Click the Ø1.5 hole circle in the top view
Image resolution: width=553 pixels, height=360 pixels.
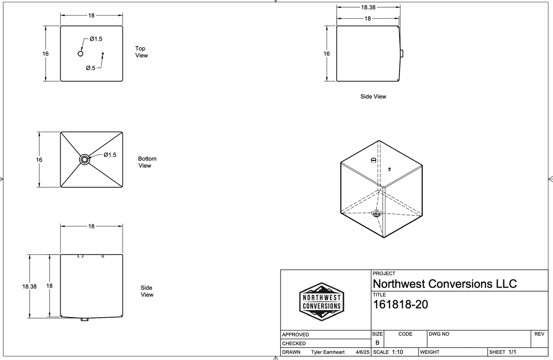click(x=81, y=54)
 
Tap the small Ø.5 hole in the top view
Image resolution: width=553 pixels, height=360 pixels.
click(x=103, y=54)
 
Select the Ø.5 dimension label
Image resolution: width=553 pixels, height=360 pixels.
click(x=91, y=68)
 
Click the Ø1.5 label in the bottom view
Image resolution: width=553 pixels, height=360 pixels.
click(x=110, y=155)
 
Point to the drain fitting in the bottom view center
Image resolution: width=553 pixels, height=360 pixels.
click(x=85, y=159)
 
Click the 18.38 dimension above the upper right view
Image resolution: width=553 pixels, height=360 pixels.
click(x=368, y=7)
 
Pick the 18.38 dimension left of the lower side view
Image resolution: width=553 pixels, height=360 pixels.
click(x=29, y=287)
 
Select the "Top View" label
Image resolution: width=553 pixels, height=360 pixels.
click(x=141, y=52)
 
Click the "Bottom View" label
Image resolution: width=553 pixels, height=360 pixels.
click(x=147, y=162)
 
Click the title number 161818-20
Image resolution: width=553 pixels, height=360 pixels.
click(x=401, y=304)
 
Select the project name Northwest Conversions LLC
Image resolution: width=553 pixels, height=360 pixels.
click(x=445, y=284)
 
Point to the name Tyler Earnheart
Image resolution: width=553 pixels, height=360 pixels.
click(x=328, y=352)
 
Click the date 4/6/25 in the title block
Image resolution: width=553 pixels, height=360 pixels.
click(x=362, y=352)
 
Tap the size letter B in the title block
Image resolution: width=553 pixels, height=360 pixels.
click(x=377, y=343)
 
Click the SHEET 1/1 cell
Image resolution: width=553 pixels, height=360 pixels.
click(x=502, y=352)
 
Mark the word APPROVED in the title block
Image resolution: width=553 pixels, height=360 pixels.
click(x=295, y=334)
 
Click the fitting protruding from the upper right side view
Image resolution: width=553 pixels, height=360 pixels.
click(x=402, y=54)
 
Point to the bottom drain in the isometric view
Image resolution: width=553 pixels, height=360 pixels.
click(x=376, y=213)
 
